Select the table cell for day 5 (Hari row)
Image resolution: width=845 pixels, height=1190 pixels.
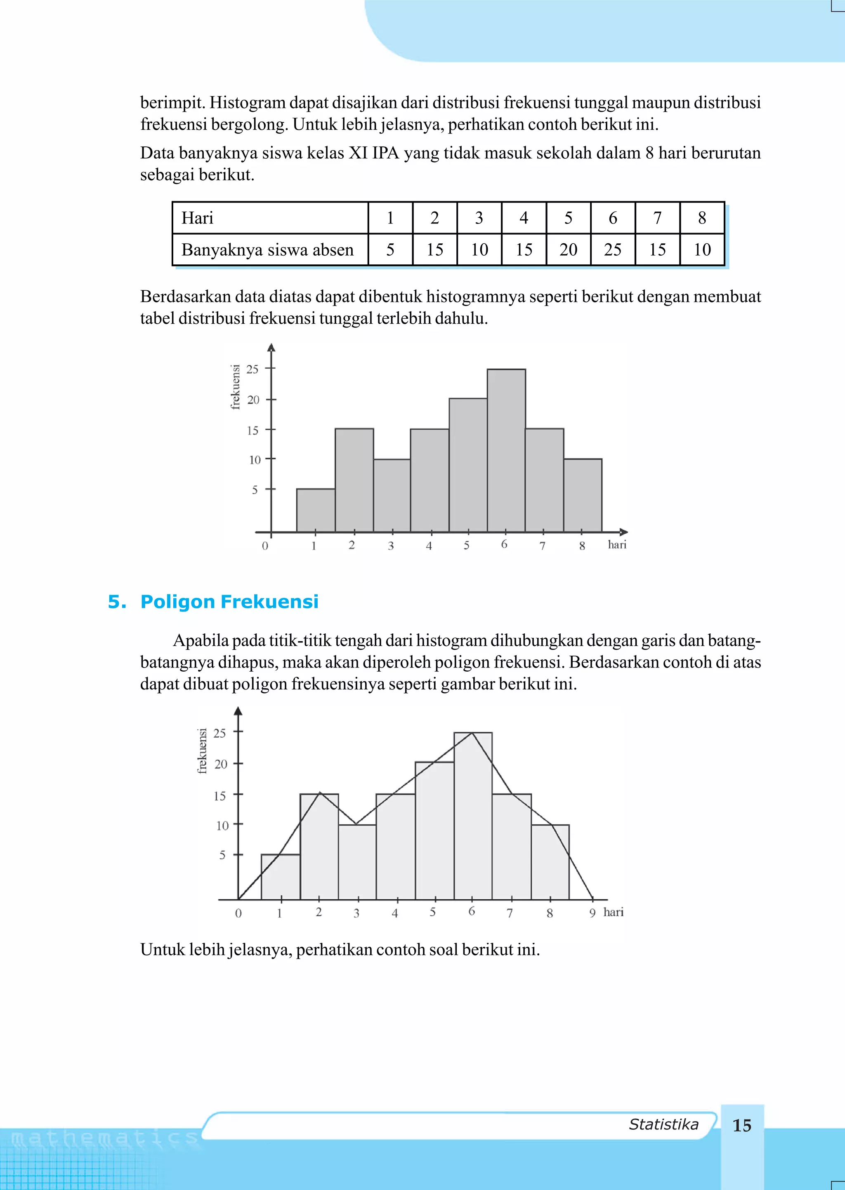pyautogui.click(x=568, y=218)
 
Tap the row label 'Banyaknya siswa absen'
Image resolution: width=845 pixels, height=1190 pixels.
pyautogui.click(x=267, y=250)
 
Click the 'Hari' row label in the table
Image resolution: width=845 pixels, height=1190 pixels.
pyautogui.click(x=198, y=218)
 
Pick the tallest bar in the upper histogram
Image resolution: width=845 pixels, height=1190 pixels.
pyautogui.click(x=506, y=450)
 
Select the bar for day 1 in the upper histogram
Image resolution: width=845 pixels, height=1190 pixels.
pyautogui.click(x=316, y=510)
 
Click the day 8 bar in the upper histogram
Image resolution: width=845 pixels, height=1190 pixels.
pyautogui.click(x=583, y=495)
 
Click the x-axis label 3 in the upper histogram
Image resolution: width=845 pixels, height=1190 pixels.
pyautogui.click(x=391, y=546)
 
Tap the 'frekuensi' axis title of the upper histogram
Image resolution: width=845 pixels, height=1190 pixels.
pyautogui.click(x=236, y=387)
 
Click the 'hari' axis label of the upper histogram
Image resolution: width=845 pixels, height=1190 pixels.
pyautogui.click(x=617, y=545)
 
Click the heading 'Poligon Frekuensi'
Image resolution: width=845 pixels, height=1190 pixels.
pyautogui.click(x=229, y=602)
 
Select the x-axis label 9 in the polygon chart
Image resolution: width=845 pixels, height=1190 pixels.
pyautogui.click(x=592, y=913)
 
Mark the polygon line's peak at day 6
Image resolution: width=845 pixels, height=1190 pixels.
pyautogui.click(x=472, y=733)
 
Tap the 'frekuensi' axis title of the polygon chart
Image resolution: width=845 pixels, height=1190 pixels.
pyautogui.click(x=203, y=751)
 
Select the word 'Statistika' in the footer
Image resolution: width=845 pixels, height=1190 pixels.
pyautogui.click(x=663, y=1124)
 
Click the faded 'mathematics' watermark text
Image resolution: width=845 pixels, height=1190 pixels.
pyautogui.click(x=104, y=1138)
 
